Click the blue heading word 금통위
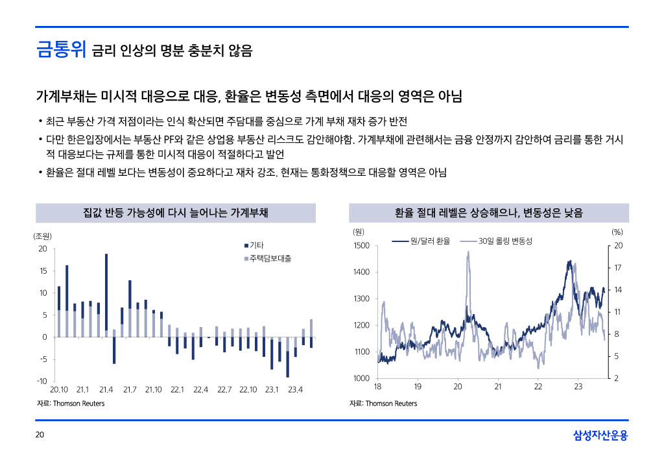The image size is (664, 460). coord(61,50)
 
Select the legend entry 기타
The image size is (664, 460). coord(256,245)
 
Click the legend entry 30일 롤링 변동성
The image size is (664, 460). coord(505,241)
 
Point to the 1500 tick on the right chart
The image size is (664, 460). coord(361,245)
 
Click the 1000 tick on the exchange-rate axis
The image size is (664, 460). coord(361,378)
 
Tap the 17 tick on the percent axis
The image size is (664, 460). coord(618,267)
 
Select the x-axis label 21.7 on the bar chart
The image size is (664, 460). coord(129,389)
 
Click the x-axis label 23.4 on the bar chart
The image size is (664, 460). coord(295,389)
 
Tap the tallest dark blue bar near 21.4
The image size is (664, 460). coord(106,292)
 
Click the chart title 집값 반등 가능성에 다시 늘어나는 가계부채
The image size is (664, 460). coord(176,213)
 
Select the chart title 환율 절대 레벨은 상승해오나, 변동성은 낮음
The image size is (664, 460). coord(489,213)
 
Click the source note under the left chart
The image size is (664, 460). coord(70,404)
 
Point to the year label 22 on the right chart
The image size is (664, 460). coord(538,387)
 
